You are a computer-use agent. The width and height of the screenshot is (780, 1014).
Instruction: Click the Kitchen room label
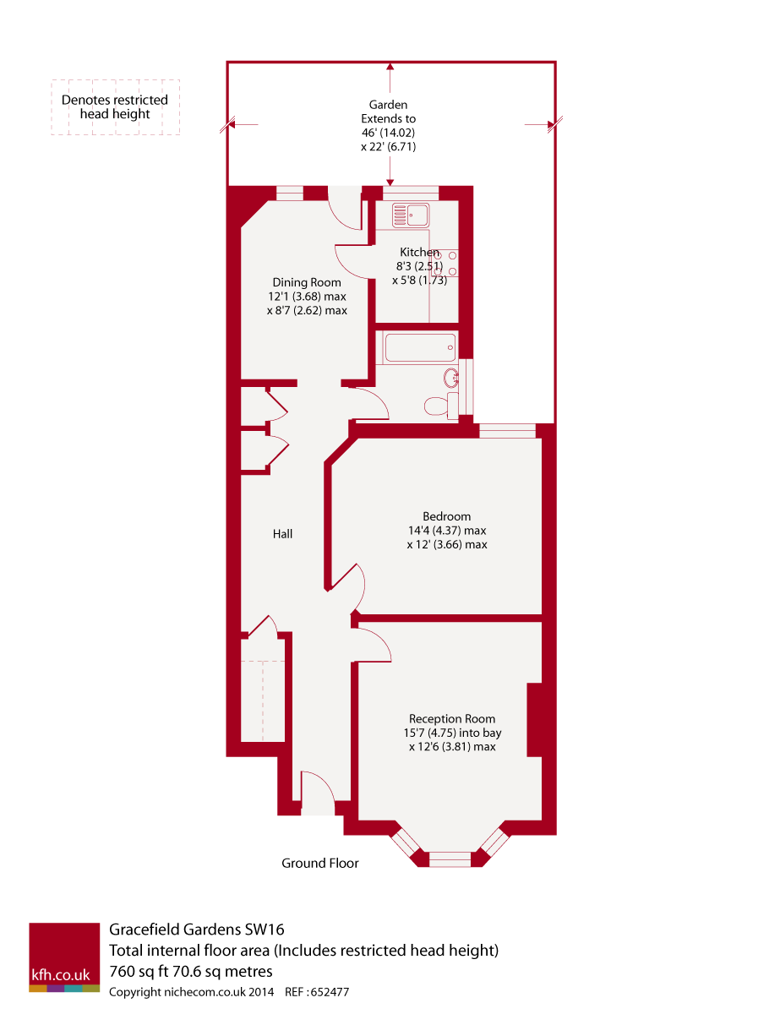419,252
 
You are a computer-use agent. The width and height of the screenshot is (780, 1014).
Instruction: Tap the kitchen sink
411,215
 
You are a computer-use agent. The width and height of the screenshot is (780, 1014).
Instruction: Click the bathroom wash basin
451,378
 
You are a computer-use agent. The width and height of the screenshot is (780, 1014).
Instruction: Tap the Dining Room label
306,282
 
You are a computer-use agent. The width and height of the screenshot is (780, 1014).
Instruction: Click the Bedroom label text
446,516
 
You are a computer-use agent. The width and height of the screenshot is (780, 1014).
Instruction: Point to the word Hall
282,534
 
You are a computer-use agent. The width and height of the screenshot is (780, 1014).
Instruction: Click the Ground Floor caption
319,863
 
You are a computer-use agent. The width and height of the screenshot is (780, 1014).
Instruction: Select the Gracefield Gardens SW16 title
203,931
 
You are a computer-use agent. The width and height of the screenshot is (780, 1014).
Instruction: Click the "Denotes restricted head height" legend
115,106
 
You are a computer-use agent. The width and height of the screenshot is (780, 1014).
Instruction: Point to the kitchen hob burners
446,263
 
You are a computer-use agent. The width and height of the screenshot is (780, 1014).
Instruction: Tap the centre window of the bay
450,859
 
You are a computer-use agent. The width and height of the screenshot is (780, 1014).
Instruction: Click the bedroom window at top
508,431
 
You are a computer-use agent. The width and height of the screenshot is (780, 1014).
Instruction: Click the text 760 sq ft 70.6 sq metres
191,970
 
